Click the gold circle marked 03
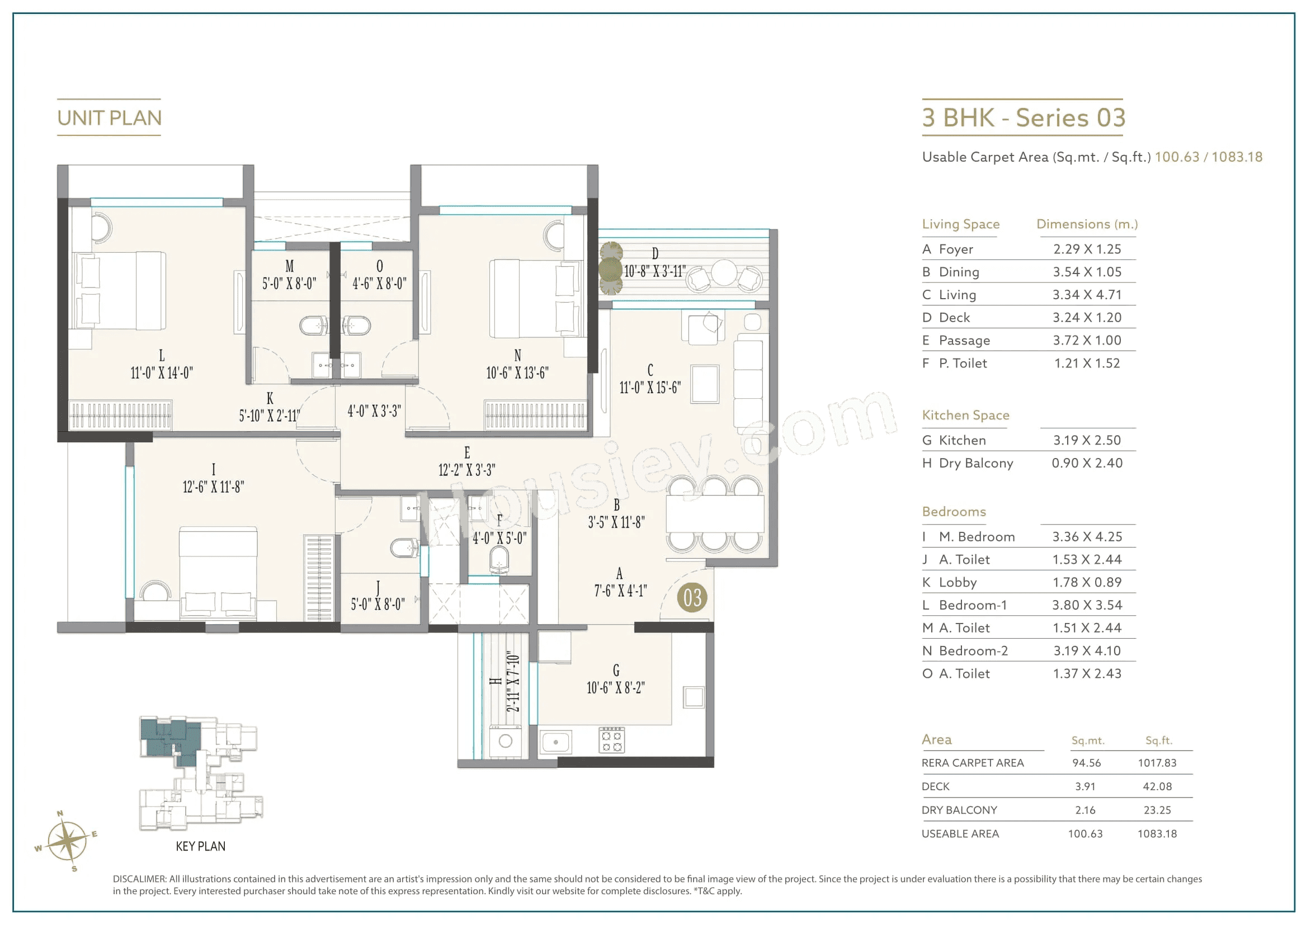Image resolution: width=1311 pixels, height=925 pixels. click(x=691, y=598)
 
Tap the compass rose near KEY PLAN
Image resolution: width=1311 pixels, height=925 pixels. click(x=67, y=841)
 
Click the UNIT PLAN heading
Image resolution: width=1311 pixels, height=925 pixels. click(x=109, y=117)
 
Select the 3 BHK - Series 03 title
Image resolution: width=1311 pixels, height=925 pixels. click(x=1023, y=117)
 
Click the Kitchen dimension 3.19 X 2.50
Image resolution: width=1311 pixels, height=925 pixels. click(x=1087, y=440)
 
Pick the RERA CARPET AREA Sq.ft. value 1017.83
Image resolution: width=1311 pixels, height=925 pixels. click(x=1157, y=763)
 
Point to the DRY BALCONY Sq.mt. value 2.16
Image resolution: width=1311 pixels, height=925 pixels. click(x=1085, y=810)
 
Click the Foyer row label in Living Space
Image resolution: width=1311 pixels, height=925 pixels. click(x=955, y=249)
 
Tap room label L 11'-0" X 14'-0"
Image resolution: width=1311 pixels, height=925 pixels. click(x=162, y=365)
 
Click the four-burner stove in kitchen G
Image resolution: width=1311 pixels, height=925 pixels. click(x=611, y=740)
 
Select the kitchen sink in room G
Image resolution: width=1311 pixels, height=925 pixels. click(x=555, y=742)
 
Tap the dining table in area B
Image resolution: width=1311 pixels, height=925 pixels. click(x=715, y=514)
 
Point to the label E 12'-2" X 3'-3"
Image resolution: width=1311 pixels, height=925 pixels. click(x=466, y=462)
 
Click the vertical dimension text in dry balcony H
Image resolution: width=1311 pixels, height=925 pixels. click(x=513, y=682)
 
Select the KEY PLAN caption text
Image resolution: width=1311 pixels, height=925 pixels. click(x=200, y=846)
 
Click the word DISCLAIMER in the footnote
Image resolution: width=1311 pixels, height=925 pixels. click(x=139, y=879)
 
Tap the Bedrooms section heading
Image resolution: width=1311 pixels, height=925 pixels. click(x=954, y=512)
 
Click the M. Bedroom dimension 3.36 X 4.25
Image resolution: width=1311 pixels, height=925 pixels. click(x=1087, y=537)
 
